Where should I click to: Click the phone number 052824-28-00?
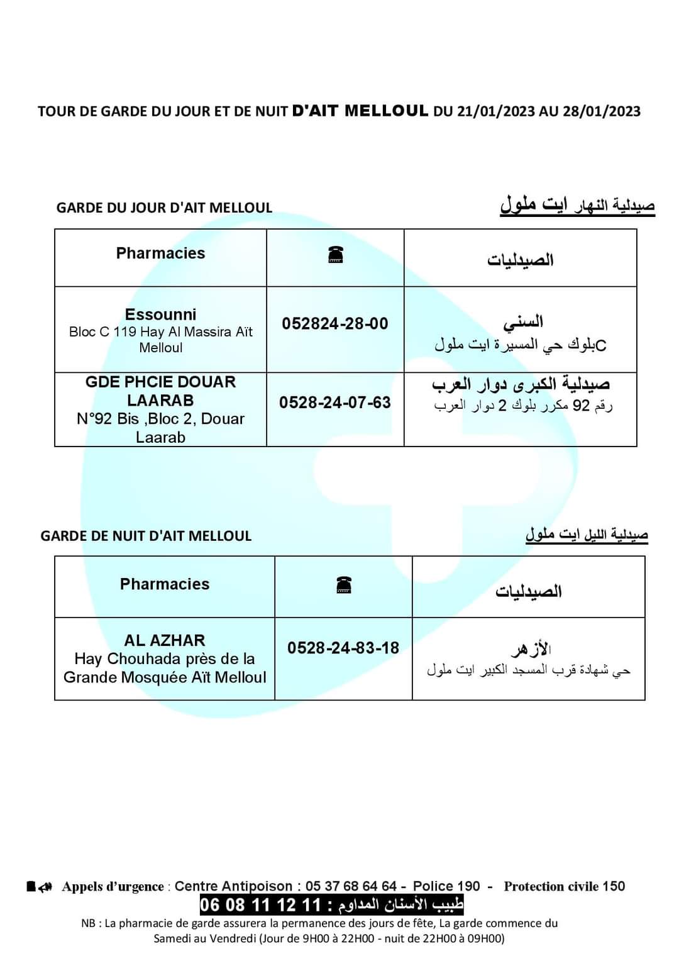(x=335, y=324)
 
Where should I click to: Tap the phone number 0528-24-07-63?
(x=335, y=403)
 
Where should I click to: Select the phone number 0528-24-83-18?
(x=343, y=648)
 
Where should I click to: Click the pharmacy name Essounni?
(x=160, y=314)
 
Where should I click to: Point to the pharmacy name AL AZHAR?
(x=165, y=640)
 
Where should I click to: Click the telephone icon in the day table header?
(x=336, y=255)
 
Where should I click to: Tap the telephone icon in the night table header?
(x=344, y=586)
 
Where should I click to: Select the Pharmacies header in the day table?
(x=160, y=253)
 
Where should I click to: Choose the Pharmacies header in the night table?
(x=165, y=584)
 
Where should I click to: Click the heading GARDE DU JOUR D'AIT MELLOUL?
(x=164, y=208)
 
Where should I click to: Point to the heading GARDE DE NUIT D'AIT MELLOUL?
(x=146, y=536)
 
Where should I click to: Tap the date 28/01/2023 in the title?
(x=602, y=111)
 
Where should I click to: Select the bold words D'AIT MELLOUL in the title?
(x=360, y=111)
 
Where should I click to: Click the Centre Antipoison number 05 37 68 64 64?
(x=351, y=886)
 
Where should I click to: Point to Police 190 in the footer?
(x=446, y=886)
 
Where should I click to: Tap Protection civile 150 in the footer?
(x=564, y=886)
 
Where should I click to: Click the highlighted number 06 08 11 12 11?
(x=260, y=905)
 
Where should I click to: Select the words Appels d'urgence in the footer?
(x=113, y=887)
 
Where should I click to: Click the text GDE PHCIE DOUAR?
(x=160, y=382)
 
